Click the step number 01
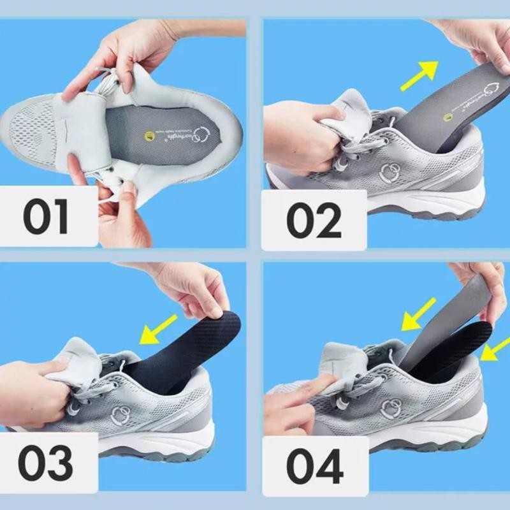(46, 217)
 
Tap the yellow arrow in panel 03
(159, 326)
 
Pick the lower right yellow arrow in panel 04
(493, 348)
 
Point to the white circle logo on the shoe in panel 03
(120, 414)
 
